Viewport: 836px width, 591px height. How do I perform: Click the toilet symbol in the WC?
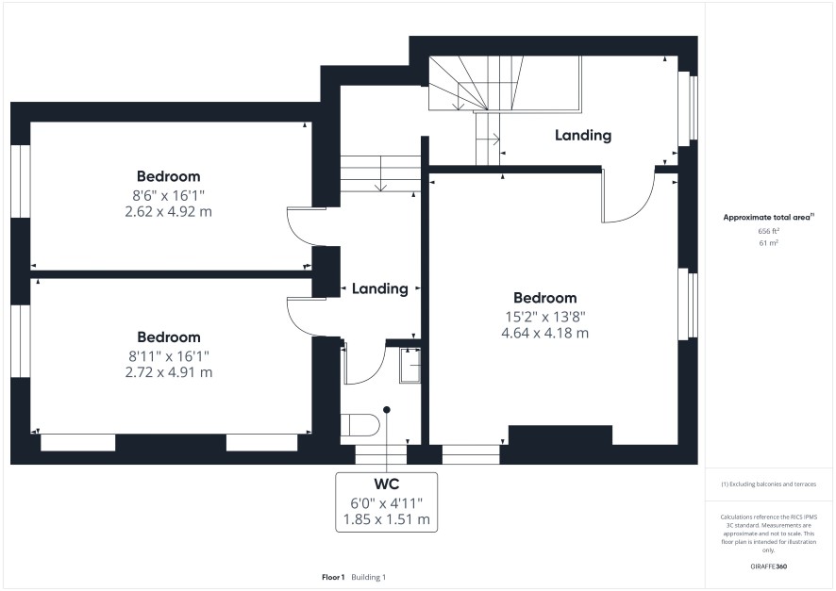[359, 425]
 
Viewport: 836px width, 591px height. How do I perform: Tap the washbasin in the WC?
[410, 365]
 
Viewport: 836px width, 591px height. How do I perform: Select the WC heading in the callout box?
[387, 484]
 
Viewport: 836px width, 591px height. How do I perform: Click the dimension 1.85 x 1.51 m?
[387, 519]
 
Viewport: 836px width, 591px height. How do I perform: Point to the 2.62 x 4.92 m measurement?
[169, 211]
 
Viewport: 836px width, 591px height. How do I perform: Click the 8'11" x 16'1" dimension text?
[169, 355]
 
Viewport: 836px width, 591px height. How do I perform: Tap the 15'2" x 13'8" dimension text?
[545, 317]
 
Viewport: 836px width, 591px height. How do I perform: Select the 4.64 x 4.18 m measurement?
[544, 334]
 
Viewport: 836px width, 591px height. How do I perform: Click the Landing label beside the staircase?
[583, 135]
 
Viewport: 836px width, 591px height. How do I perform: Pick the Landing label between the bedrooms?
[379, 288]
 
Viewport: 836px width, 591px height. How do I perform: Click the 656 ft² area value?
[768, 231]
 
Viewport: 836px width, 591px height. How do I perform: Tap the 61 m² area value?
[768, 243]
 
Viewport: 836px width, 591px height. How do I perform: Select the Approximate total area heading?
[768, 217]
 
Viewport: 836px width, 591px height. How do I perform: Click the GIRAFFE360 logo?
[768, 566]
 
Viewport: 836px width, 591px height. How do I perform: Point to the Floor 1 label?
[333, 577]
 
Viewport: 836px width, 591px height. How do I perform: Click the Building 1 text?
[368, 577]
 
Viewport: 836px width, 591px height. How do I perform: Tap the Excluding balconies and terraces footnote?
[768, 484]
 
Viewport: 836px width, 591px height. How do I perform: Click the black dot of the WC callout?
[387, 409]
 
